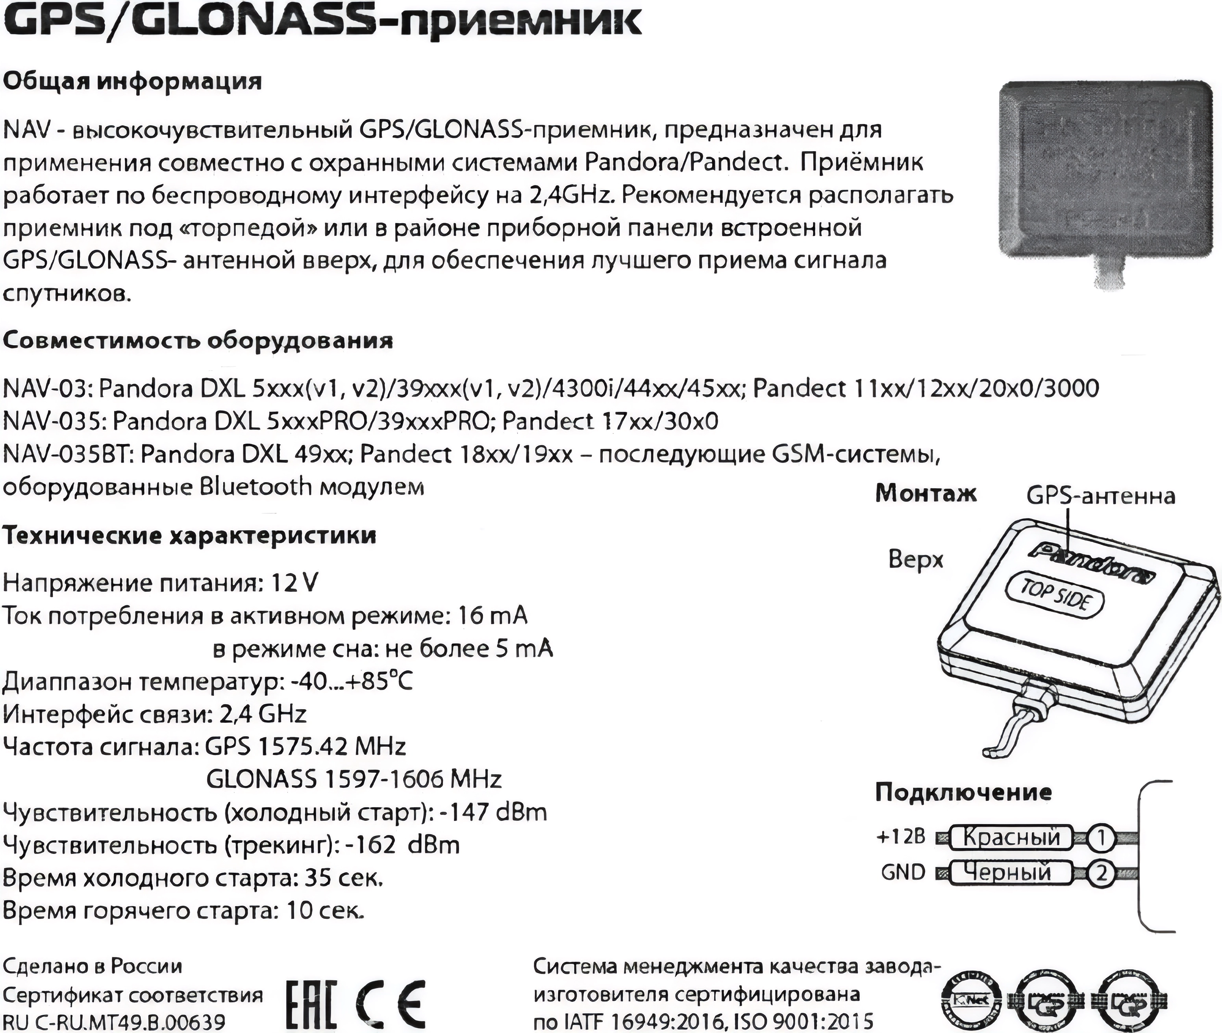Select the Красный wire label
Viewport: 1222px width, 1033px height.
[x=1011, y=837]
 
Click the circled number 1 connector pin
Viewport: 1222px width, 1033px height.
[x=1101, y=839]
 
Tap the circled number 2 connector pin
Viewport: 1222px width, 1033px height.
[x=1101, y=874]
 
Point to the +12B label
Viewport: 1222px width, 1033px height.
[x=900, y=837]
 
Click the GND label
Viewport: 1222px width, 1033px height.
[x=903, y=872]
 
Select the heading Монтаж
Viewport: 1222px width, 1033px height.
[x=926, y=494]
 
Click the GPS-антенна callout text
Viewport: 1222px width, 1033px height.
[x=1101, y=496]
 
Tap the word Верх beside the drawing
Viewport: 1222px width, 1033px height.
[x=916, y=560]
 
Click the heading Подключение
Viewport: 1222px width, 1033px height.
[x=963, y=792]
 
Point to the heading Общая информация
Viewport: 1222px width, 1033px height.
[x=132, y=81]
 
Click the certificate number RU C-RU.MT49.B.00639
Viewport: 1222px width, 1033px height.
[x=114, y=1022]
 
